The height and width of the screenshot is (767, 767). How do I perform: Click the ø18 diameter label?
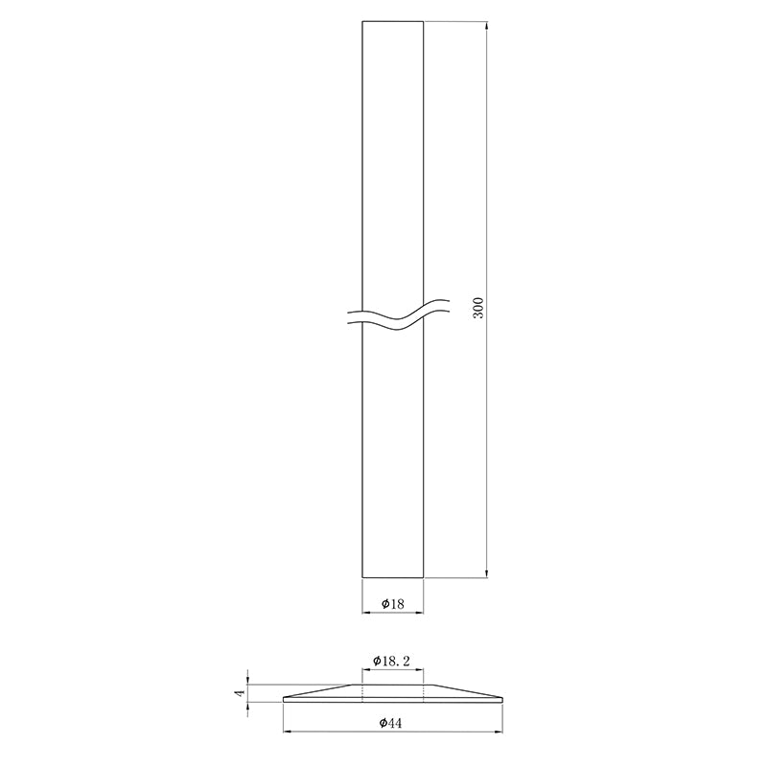[x=392, y=603]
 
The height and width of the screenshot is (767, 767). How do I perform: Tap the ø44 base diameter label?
[x=390, y=723]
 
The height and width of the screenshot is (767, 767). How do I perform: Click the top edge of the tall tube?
[x=392, y=20]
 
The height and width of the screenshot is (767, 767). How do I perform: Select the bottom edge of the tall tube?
[x=392, y=577]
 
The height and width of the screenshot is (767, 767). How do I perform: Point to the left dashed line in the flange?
[x=362, y=691]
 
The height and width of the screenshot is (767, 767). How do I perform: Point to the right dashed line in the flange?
[x=422, y=691]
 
